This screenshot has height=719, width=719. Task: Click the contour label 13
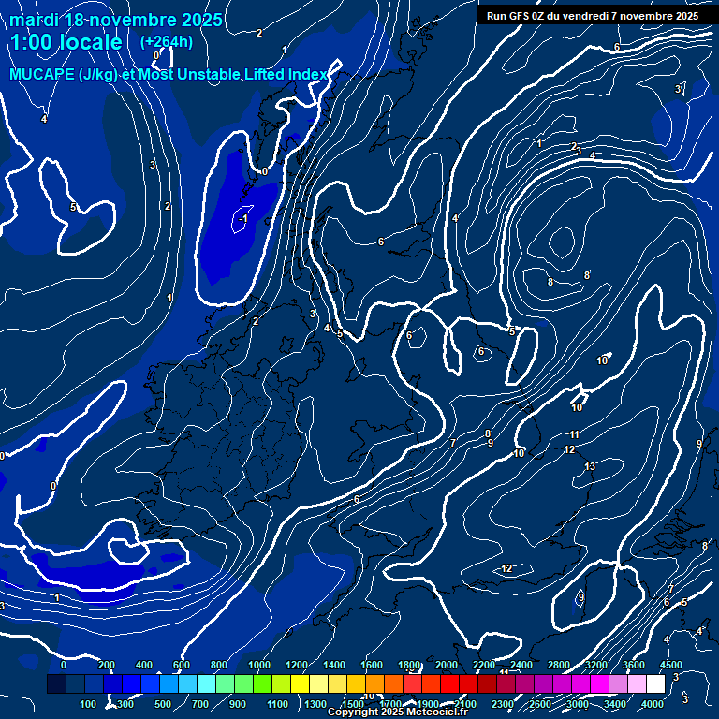coord(590,466)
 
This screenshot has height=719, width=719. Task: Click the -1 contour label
coord(243,218)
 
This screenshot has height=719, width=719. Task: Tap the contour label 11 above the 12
coord(574,434)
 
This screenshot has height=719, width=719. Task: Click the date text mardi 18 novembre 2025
coord(116,20)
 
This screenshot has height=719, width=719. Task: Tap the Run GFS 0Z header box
coord(592,15)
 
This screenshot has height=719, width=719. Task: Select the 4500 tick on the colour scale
coord(670,665)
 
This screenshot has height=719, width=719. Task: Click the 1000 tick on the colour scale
coord(259,665)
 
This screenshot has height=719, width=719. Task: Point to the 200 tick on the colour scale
coord(107,665)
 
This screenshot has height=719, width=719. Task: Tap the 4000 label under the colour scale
coord(652,704)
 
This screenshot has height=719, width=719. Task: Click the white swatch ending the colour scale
coord(661,684)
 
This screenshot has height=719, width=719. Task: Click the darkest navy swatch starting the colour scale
coord(56,684)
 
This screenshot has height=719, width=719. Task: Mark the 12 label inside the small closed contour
coord(506,568)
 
